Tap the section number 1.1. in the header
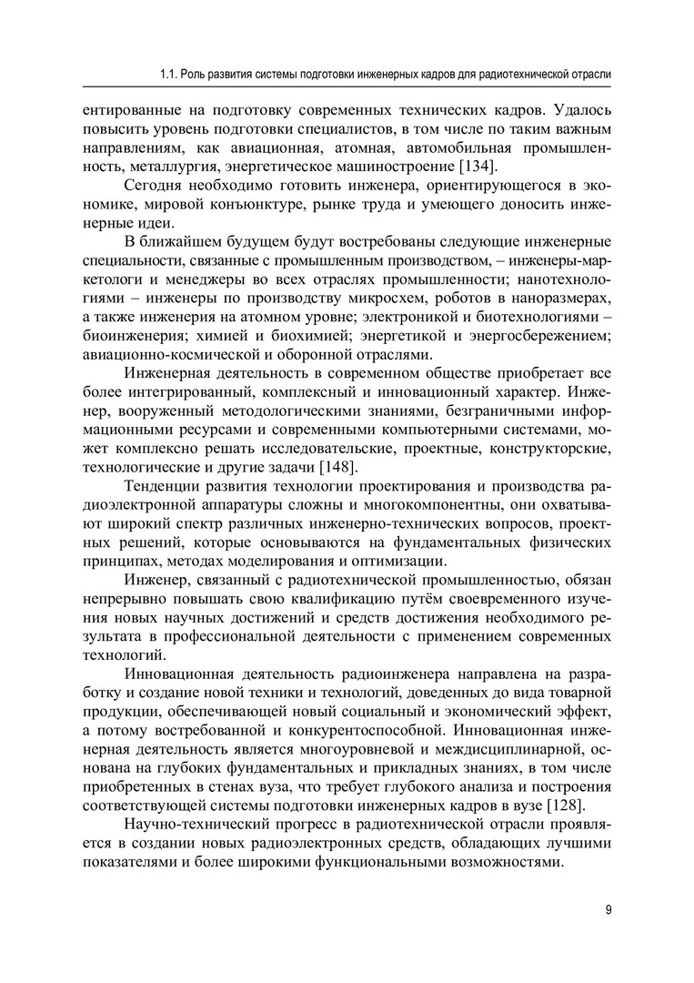169,73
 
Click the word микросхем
414,299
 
